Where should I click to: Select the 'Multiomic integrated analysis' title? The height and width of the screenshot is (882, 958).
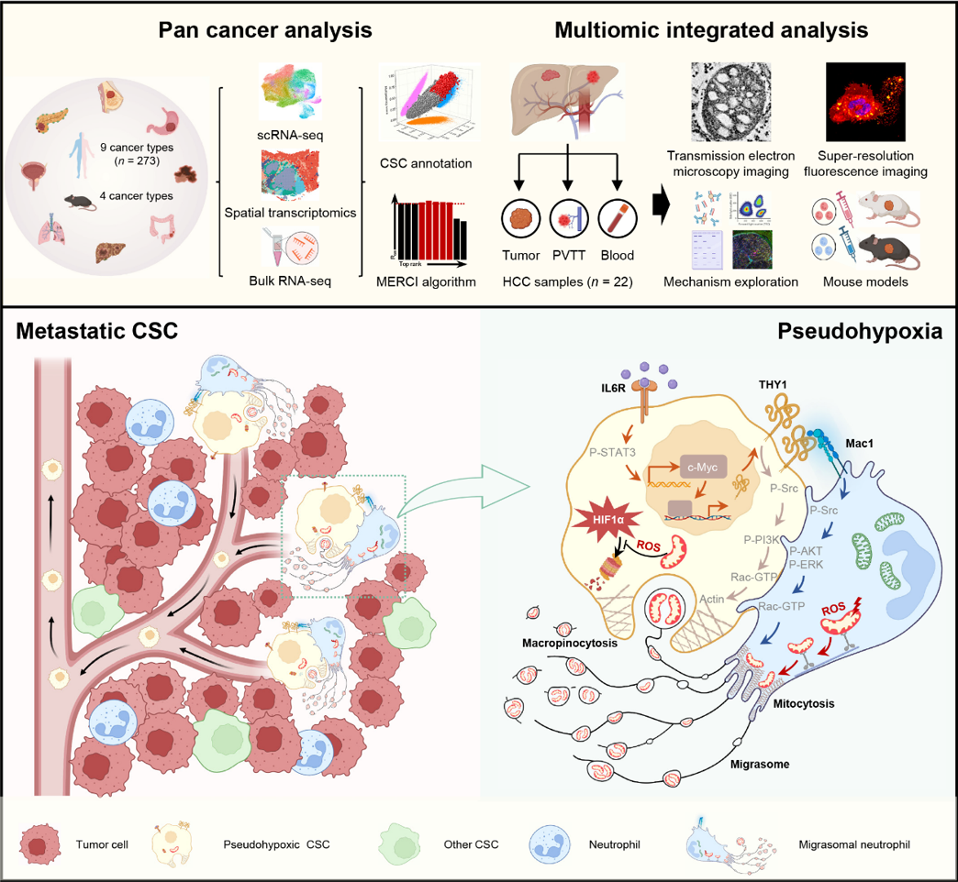point(712,28)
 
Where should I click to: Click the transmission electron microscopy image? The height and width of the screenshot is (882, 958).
point(732,100)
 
